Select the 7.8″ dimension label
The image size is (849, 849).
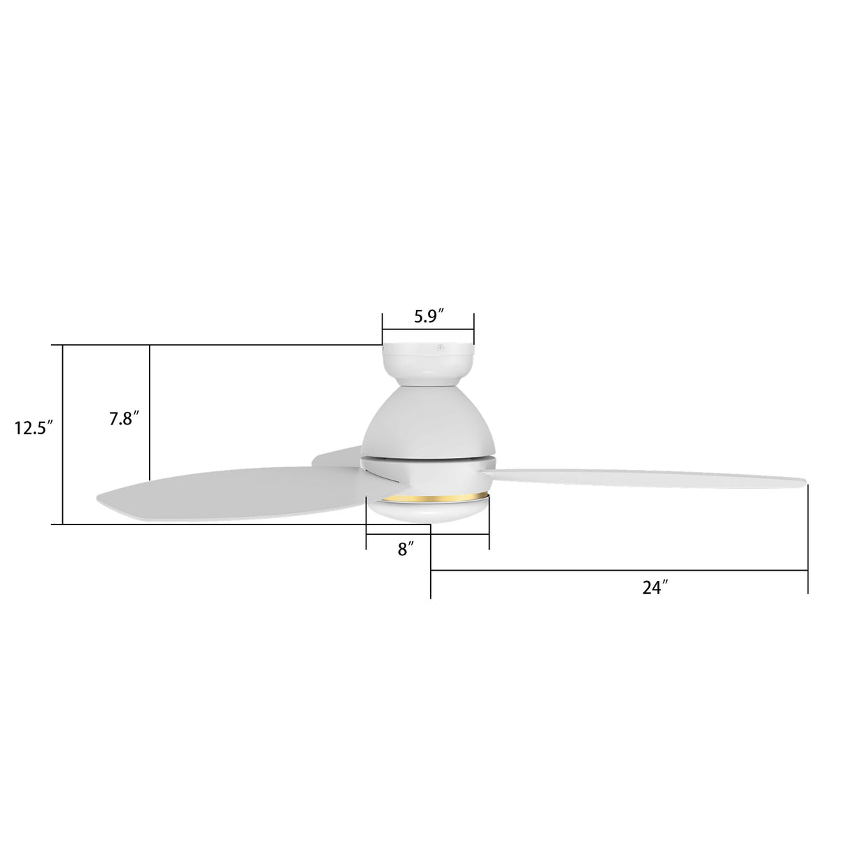(x=124, y=419)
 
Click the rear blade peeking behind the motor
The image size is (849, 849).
(x=336, y=456)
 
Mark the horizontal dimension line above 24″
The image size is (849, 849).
(x=619, y=571)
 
